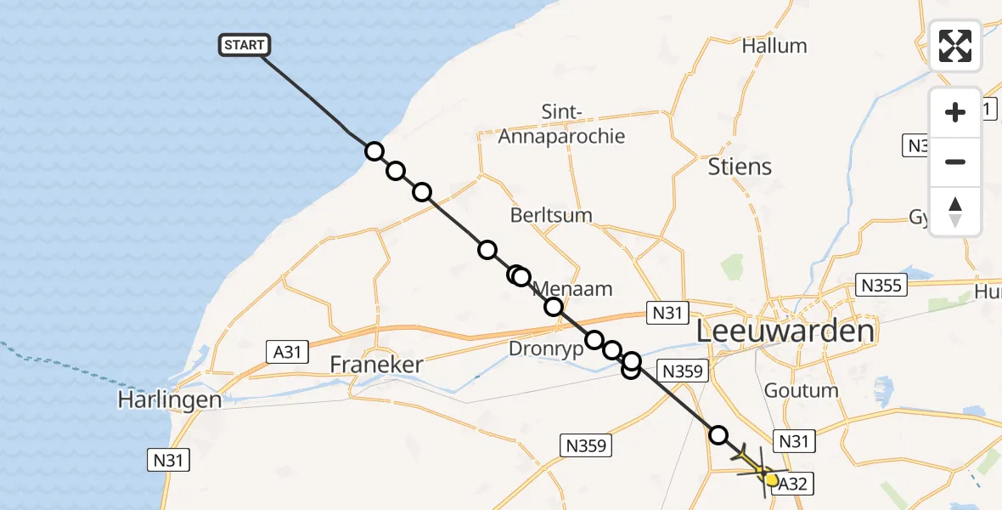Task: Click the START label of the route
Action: (x=245, y=45)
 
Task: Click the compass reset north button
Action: (x=955, y=212)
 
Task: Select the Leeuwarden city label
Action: (x=785, y=331)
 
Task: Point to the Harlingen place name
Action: (x=170, y=399)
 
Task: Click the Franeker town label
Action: (x=377, y=366)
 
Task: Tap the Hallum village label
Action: (x=774, y=46)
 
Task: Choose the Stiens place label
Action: (x=740, y=167)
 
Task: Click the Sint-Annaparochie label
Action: (x=561, y=124)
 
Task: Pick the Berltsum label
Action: (x=551, y=215)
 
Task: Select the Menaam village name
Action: (x=573, y=289)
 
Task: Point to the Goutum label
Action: (x=801, y=391)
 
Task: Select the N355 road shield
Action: (x=881, y=286)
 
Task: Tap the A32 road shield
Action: (x=792, y=484)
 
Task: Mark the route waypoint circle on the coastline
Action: (x=374, y=151)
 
